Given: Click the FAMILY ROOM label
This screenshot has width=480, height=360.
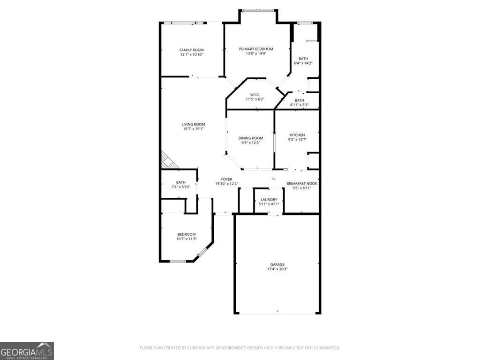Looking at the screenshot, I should pyautogui.click(x=191, y=50).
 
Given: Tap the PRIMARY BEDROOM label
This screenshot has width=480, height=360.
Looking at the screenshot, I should pyautogui.click(x=256, y=49).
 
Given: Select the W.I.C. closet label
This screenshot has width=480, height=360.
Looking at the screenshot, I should pyautogui.click(x=255, y=94).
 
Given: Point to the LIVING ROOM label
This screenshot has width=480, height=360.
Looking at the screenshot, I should pyautogui.click(x=193, y=124).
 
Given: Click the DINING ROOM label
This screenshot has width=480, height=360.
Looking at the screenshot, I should pyautogui.click(x=251, y=138).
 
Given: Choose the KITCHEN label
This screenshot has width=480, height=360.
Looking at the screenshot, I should pyautogui.click(x=297, y=135).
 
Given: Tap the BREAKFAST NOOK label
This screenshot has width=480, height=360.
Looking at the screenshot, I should pyautogui.click(x=302, y=183).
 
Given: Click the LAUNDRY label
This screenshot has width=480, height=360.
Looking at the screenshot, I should pyautogui.click(x=269, y=200).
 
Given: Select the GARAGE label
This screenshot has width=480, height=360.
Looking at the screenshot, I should pyautogui.click(x=277, y=264).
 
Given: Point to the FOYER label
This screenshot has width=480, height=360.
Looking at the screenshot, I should pyautogui.click(x=227, y=179).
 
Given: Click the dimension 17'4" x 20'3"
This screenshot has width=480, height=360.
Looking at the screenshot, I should pyautogui.click(x=277, y=269).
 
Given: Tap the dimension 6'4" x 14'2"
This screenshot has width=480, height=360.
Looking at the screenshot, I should pyautogui.click(x=303, y=63).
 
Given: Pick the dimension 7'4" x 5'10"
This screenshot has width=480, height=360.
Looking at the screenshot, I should pyautogui.click(x=180, y=187).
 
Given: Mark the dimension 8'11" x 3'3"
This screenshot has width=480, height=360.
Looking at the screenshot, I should pyautogui.click(x=299, y=105).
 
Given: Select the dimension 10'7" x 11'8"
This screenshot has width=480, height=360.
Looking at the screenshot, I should pyautogui.click(x=186, y=239).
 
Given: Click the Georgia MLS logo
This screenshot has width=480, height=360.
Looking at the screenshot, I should pyautogui.click(x=27, y=351).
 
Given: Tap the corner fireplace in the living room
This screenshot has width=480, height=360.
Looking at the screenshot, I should pyautogui.click(x=167, y=160).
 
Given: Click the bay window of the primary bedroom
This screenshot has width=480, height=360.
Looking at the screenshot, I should pyautogui.click(x=258, y=10).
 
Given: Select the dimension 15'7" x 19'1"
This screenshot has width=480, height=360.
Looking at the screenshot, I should pyautogui.click(x=193, y=129).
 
